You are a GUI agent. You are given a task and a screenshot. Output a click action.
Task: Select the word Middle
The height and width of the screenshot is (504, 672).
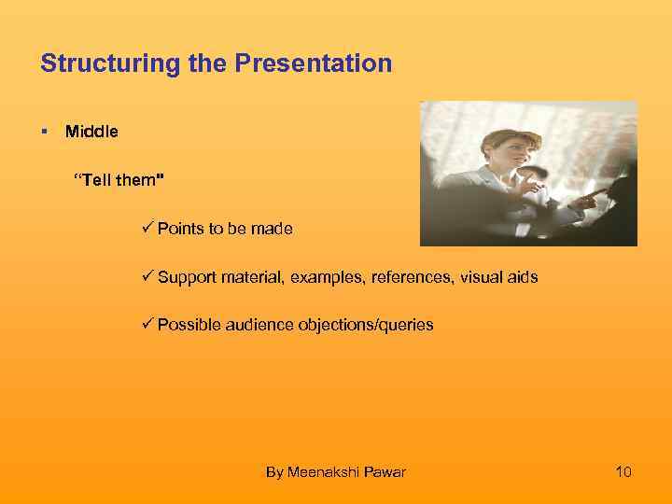91,132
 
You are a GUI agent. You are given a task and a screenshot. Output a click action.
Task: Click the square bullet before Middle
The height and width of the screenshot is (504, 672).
44,132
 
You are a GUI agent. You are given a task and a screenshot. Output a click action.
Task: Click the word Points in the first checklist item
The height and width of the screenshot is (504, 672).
179,229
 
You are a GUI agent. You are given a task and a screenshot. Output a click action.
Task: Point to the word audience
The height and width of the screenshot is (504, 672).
259,325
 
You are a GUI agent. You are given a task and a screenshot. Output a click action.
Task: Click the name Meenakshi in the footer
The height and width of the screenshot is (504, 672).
322,472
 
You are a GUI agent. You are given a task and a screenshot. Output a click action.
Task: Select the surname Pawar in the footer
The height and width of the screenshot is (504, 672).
385,472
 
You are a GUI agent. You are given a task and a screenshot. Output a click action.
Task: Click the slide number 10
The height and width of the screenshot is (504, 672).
623,472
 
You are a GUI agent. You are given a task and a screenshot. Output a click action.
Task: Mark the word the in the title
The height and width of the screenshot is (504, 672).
211,64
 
